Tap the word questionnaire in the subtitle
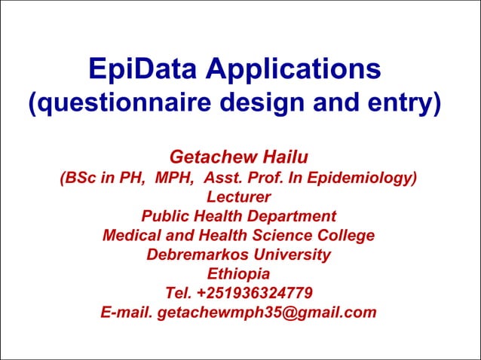coord(113,104)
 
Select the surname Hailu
coord(283,157)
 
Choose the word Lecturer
coord(238,197)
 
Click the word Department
coord(292,216)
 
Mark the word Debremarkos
coord(196,255)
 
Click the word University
coord(292,255)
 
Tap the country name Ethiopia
coord(238,273)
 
